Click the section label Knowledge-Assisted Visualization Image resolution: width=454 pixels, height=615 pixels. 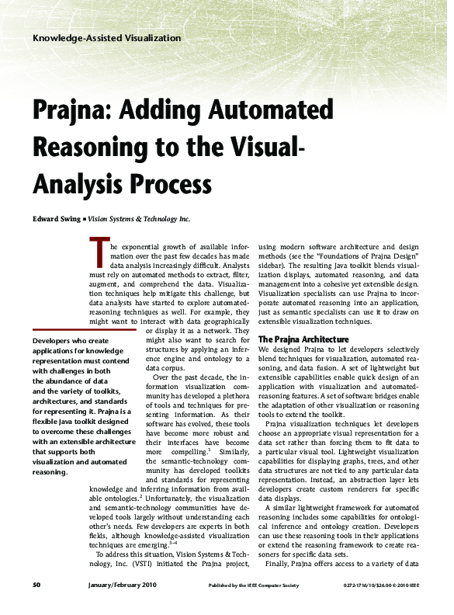[97, 39]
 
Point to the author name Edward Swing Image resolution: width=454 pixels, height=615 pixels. [56, 219]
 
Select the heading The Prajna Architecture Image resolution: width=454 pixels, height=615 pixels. [303, 339]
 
